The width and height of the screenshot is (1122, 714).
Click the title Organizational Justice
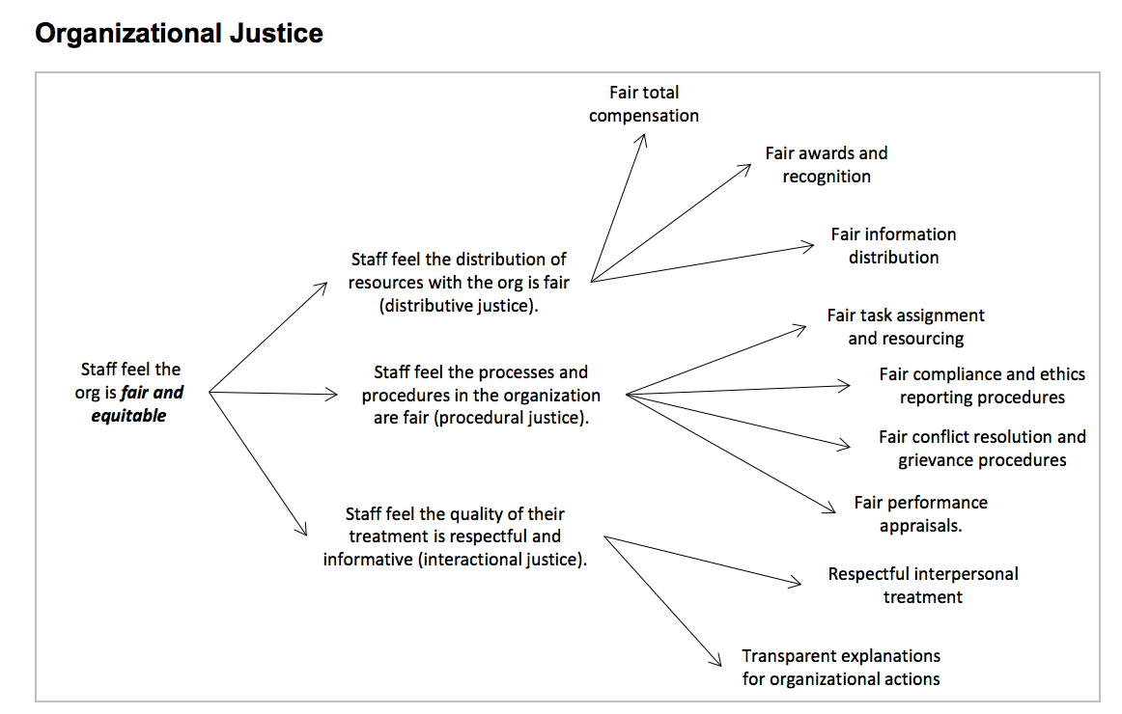coord(179,34)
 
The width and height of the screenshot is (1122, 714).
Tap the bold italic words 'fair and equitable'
coord(137,405)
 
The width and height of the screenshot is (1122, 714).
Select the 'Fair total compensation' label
coord(644,104)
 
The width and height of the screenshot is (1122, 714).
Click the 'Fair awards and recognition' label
coord(827,165)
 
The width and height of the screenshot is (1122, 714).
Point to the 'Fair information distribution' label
coord(893,246)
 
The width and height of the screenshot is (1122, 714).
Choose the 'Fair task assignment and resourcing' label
coord(906,327)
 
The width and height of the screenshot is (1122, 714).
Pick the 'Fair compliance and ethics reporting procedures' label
coord(982,386)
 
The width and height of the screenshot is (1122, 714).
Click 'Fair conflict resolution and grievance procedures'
coord(982,449)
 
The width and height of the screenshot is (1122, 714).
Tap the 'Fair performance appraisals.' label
coord(921,514)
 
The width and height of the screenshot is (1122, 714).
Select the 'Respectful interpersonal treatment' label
coord(923,586)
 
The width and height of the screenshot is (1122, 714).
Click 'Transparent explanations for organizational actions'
coord(841,668)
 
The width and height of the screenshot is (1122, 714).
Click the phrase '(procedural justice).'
coord(514,419)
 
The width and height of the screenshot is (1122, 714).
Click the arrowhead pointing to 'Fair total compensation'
coord(643,139)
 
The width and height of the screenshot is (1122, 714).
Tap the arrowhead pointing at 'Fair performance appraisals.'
coord(828,508)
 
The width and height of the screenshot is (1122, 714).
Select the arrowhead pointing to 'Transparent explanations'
coord(717,661)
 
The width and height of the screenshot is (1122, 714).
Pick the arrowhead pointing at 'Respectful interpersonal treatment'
coord(797,583)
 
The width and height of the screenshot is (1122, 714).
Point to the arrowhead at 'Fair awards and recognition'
coord(746,168)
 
